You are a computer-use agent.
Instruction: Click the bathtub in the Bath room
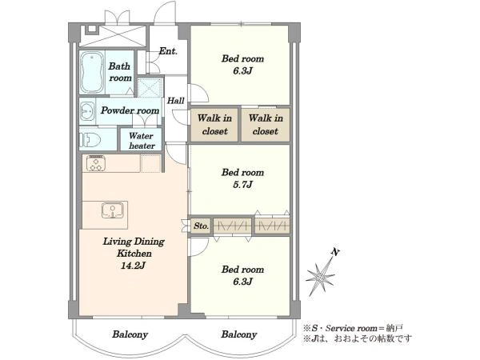click(92, 72)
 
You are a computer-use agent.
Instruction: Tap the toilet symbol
click(90, 140)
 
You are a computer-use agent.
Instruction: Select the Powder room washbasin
click(87, 111)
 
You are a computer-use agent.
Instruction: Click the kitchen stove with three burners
click(96, 163)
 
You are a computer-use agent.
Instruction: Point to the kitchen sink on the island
click(112, 210)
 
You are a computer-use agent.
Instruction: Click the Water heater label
click(142, 141)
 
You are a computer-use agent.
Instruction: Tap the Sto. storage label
click(201, 226)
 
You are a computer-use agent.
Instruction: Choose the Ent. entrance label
click(168, 51)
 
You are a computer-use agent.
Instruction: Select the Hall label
click(176, 101)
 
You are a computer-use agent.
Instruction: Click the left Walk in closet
click(214, 124)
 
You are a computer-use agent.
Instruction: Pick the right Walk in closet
click(266, 124)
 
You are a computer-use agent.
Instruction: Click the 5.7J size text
click(242, 185)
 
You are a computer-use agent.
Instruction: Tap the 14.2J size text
click(133, 265)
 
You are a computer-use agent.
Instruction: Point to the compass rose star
click(321, 277)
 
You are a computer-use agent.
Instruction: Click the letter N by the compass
click(335, 252)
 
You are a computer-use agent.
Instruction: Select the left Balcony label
click(130, 334)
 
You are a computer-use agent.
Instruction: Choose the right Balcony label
click(238, 334)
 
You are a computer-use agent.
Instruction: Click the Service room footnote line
click(353, 329)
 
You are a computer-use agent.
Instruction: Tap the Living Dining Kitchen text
click(134, 247)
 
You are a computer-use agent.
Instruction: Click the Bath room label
click(120, 72)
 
